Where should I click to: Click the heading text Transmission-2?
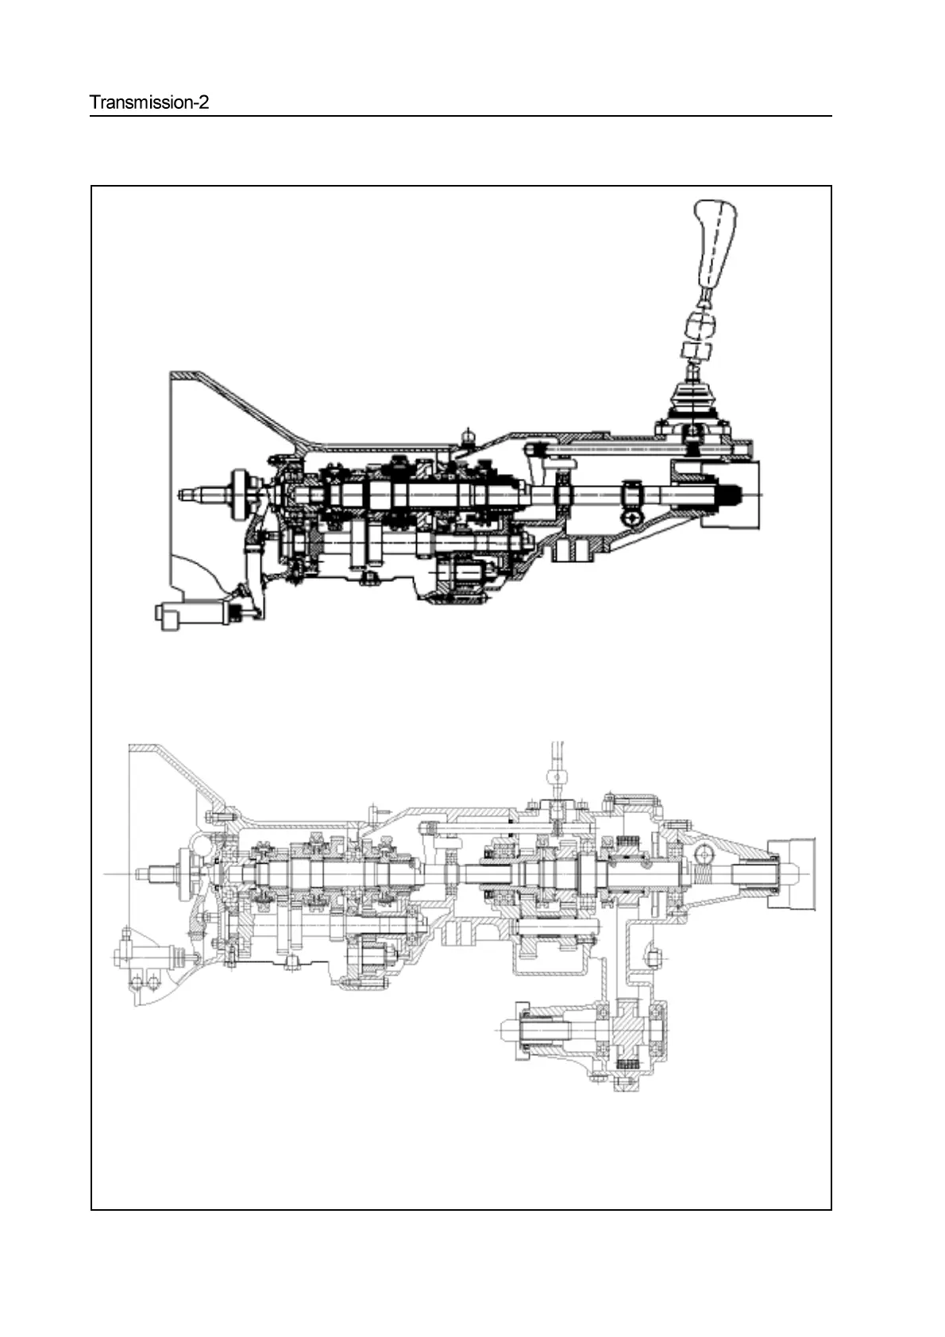pyautogui.click(x=149, y=102)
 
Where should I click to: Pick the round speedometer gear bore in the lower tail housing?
pyautogui.click(x=704, y=854)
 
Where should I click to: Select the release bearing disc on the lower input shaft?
pyautogui.click(x=187, y=873)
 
